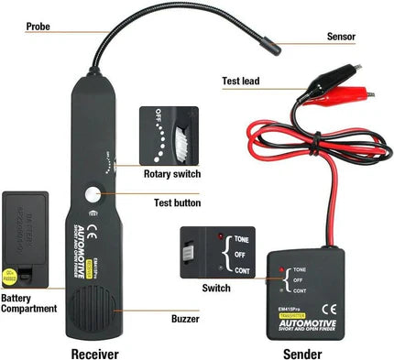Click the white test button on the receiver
[x=93, y=195]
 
